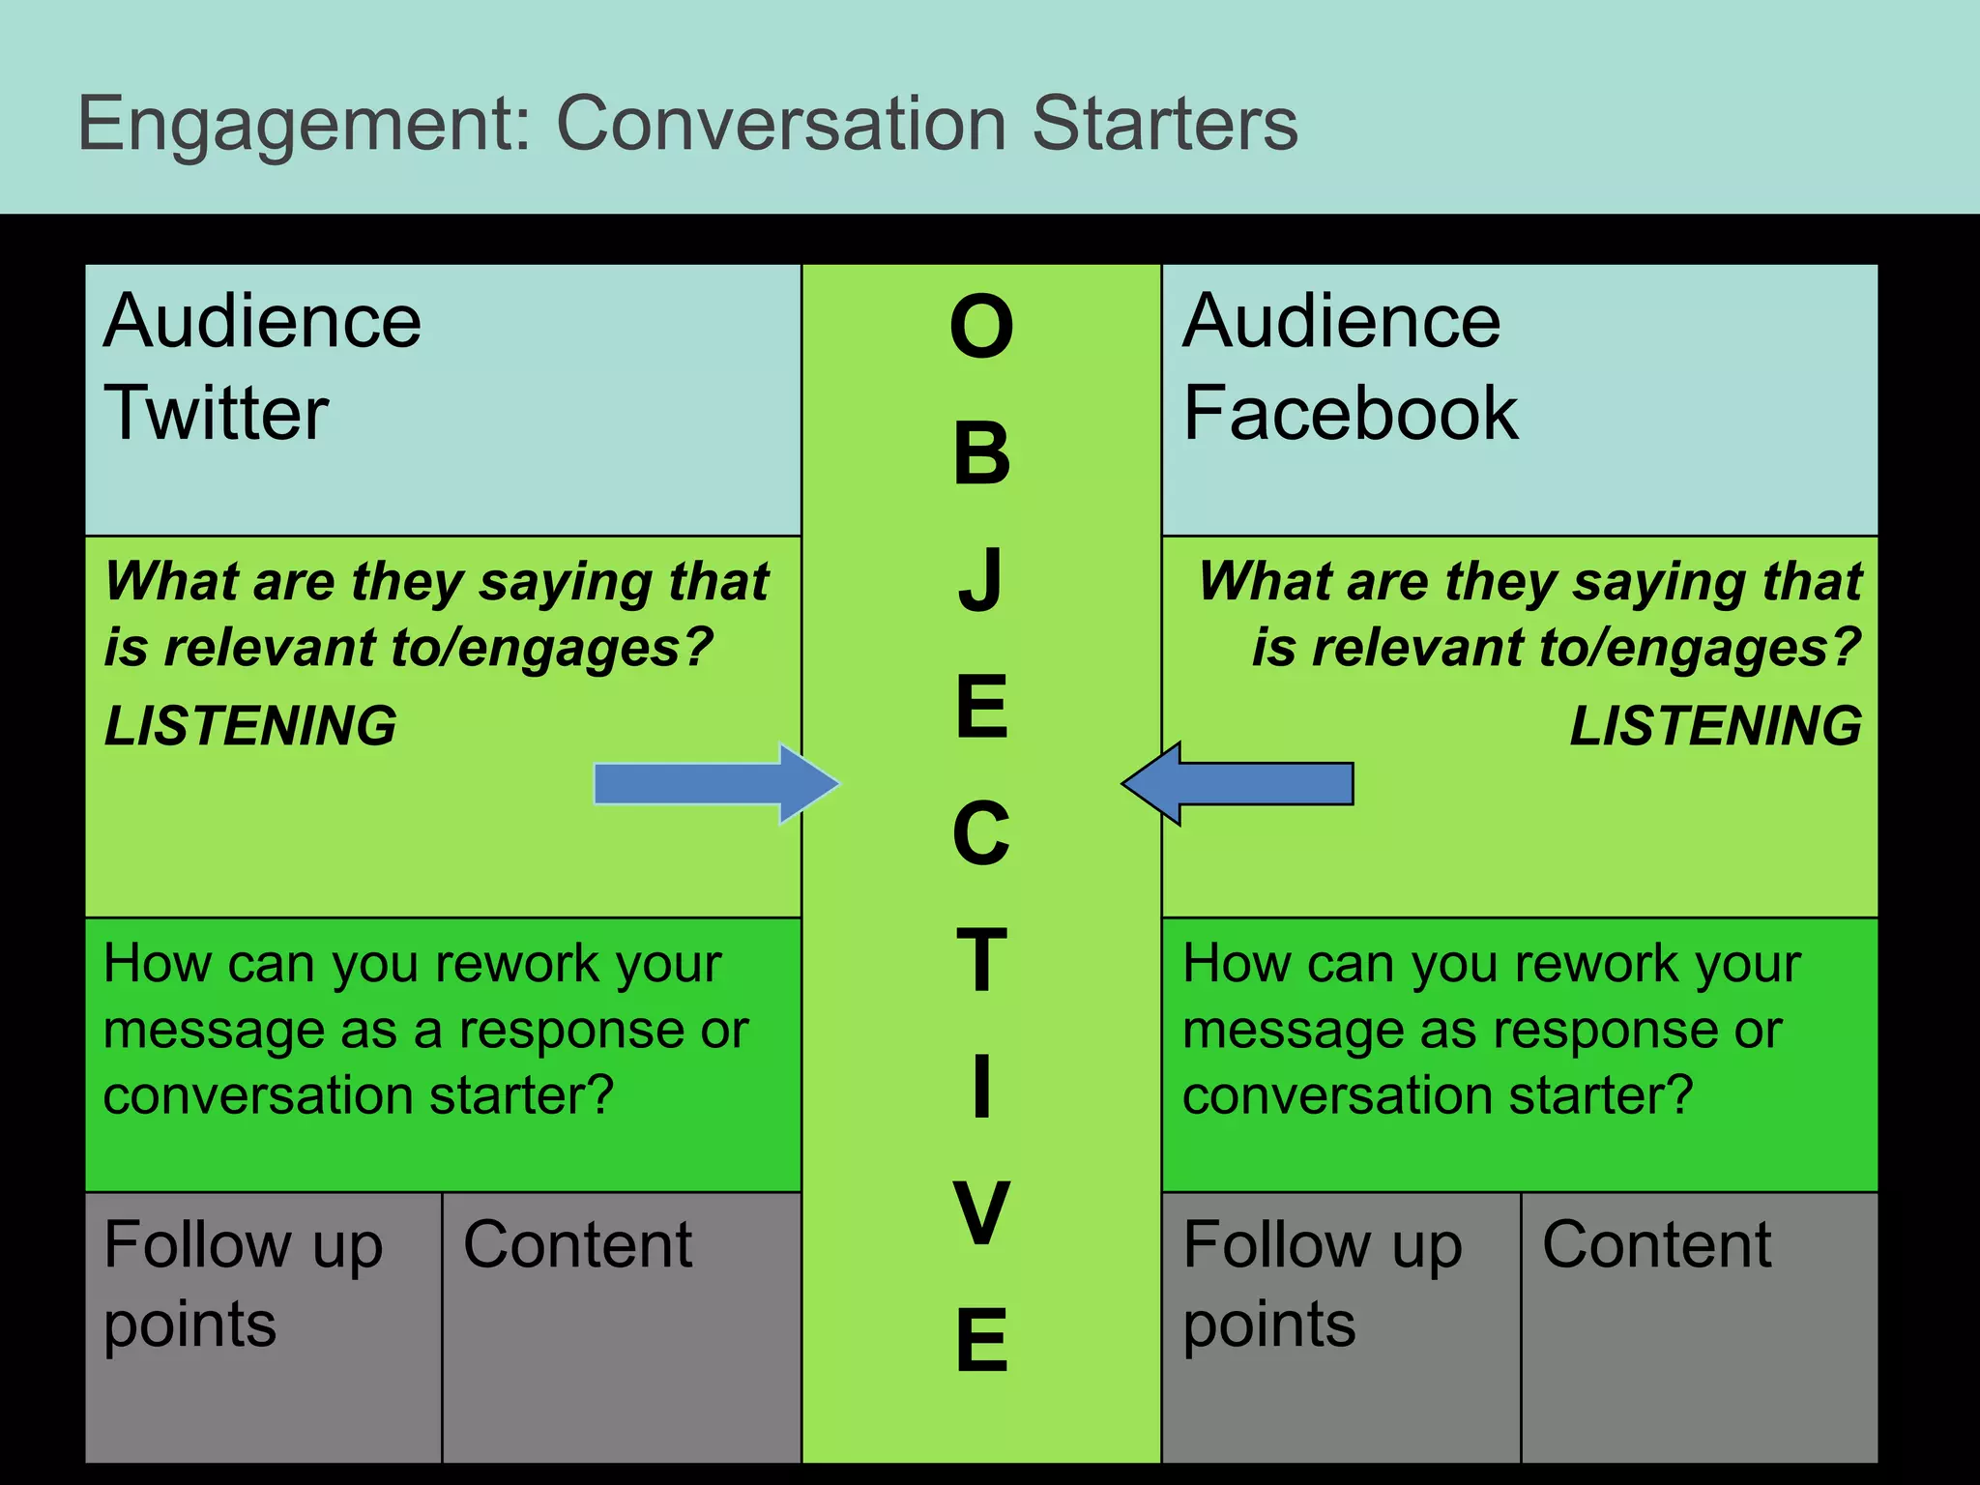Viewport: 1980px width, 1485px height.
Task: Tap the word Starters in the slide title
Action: click(x=1164, y=124)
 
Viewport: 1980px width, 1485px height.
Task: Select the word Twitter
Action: click(x=217, y=414)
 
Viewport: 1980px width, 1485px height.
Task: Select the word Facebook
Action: click(x=1351, y=414)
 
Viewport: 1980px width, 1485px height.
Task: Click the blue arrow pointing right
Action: click(x=715, y=783)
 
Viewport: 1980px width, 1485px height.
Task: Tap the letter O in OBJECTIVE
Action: click(x=981, y=327)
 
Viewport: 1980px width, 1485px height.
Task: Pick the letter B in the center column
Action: click(x=981, y=454)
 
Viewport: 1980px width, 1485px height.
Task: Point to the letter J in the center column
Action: click(x=981, y=580)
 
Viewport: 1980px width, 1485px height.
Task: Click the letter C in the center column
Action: click(x=981, y=833)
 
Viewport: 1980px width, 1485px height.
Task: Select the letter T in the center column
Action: click(x=981, y=960)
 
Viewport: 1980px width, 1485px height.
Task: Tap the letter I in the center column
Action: click(x=981, y=1087)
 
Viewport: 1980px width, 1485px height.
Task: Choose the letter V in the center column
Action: click(x=981, y=1213)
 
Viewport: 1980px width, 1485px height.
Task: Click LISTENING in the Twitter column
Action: click(x=250, y=725)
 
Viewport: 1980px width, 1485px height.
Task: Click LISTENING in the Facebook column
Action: click(x=1715, y=725)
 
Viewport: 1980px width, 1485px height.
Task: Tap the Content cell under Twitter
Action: click(x=622, y=1326)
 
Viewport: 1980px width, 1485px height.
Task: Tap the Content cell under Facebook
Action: click(x=1699, y=1326)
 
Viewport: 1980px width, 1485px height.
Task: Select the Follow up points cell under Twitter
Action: click(x=263, y=1326)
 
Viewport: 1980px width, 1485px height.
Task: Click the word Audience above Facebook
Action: click(x=1341, y=321)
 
